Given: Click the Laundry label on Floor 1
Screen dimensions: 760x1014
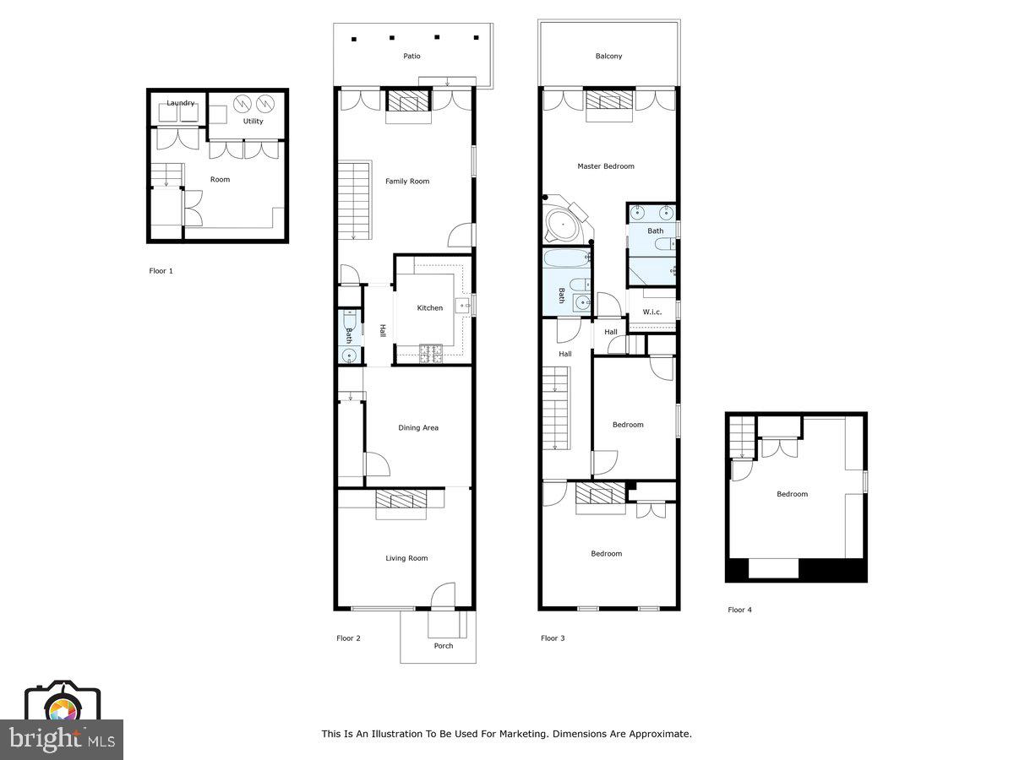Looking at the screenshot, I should tap(180, 103).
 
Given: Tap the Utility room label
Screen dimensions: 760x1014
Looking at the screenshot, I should tap(253, 121).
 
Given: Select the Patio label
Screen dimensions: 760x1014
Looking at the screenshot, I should tap(412, 57).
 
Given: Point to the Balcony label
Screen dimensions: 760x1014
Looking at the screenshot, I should tap(608, 57).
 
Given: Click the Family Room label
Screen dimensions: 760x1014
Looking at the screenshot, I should tap(407, 182).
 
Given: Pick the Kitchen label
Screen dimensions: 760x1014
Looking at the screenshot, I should tap(429, 308).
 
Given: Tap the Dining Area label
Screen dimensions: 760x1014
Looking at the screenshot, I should tap(418, 428).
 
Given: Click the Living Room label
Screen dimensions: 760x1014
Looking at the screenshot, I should tap(406, 558).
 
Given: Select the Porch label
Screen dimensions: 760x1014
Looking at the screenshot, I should tap(444, 646).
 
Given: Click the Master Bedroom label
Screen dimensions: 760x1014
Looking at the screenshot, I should tap(605, 166).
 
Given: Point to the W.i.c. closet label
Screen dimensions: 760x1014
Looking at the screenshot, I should tap(651, 312).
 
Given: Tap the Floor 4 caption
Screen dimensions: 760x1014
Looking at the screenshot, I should tap(739, 610).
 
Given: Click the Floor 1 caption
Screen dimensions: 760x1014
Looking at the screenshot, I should tap(161, 272).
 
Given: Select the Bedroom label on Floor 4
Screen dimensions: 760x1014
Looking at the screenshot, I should tap(792, 495).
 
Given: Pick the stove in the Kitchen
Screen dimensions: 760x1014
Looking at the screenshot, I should tap(431, 353).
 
